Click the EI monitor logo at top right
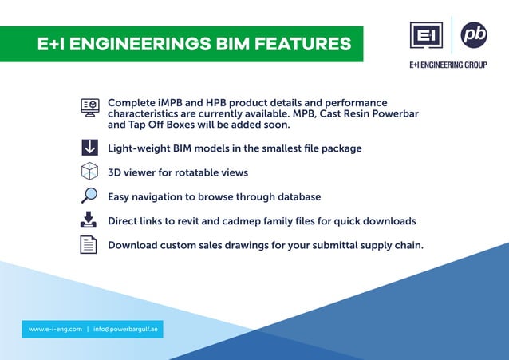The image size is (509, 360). pyautogui.click(x=426, y=36)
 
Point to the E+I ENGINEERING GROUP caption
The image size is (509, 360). pyautogui.click(x=448, y=65)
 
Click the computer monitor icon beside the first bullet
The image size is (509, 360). pyautogui.click(x=89, y=109)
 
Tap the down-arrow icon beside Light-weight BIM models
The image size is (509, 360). pyautogui.click(x=89, y=148)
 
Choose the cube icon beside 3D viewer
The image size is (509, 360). pyautogui.click(x=89, y=172)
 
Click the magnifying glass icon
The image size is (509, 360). pyautogui.click(x=89, y=196)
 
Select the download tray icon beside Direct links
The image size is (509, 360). pyautogui.click(x=89, y=220)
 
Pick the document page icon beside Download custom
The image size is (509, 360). pyautogui.click(x=89, y=244)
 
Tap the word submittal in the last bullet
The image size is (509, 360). pyautogui.click(x=317, y=245)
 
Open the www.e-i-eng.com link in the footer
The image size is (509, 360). pyautogui.click(x=56, y=329)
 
